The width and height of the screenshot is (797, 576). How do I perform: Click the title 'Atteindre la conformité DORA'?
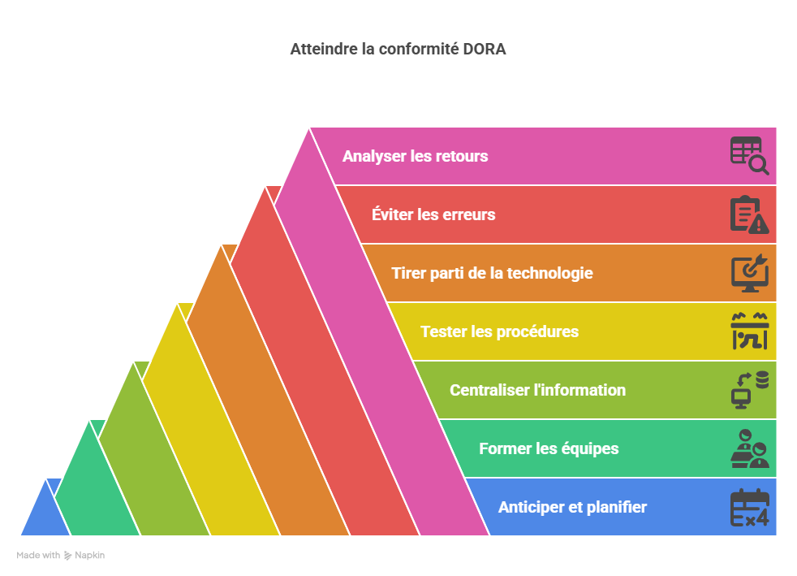pos(398,50)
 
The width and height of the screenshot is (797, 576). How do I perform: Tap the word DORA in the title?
pos(485,50)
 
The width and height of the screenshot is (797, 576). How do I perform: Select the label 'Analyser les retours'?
pos(416,156)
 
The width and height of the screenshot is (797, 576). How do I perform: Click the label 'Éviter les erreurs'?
pos(433,214)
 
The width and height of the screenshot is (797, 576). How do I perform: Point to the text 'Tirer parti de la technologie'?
pos(492,273)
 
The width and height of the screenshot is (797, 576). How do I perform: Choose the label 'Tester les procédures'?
pos(500,331)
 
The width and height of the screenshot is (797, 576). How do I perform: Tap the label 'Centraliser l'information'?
pos(538,390)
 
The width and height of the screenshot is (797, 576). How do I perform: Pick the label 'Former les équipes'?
pos(549,448)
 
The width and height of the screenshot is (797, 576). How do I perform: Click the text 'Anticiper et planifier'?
pos(572,507)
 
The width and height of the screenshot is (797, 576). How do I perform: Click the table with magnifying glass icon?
pos(750,156)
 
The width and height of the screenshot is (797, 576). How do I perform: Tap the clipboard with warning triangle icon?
pos(750,214)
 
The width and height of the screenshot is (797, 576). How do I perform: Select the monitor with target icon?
pos(750,273)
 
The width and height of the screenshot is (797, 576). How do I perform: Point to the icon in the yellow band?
pos(750,331)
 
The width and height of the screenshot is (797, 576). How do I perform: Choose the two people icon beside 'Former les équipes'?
pos(750,448)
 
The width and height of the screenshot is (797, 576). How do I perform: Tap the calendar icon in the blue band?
pos(750,507)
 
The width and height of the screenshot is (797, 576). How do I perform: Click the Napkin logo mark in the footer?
pos(67,556)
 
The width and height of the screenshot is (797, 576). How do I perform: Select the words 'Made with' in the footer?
pos(38,555)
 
